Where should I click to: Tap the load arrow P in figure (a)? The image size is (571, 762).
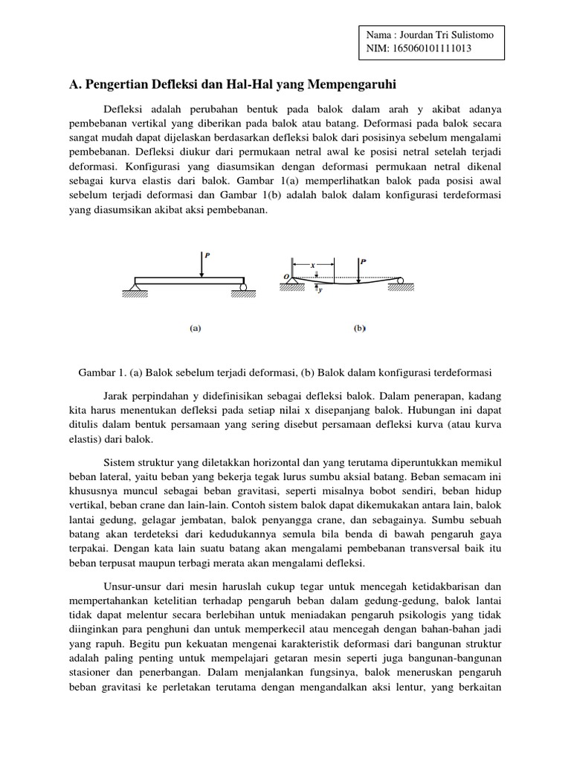tap(202, 265)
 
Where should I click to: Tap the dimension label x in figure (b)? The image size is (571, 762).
tap(313, 264)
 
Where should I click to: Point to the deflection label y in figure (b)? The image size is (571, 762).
tap(321, 290)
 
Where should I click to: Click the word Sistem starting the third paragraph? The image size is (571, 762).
tap(120, 461)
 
